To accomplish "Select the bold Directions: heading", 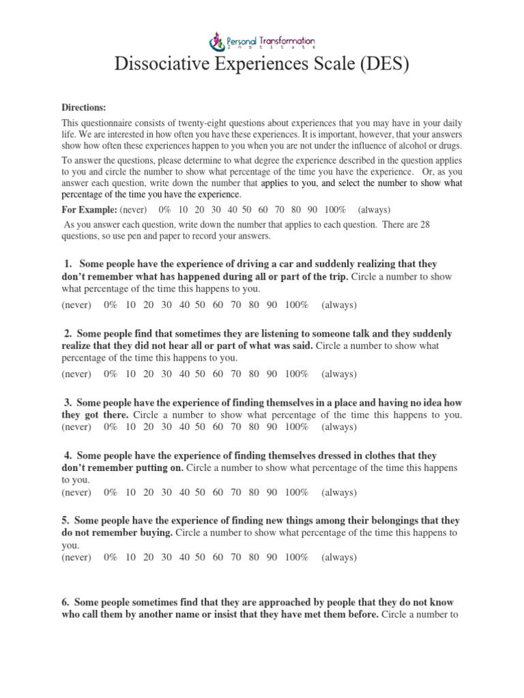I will pos(85,107).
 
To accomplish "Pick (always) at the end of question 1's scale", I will pos(338,305).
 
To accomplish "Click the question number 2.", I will pos(68,334).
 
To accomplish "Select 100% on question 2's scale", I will pos(297,374).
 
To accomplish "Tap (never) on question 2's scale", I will pos(76,374).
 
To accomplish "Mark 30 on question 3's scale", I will pos(166,427).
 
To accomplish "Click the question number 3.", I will pos(68,402).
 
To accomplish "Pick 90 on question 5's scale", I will pos(272,557).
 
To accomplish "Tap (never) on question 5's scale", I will pos(76,557).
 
